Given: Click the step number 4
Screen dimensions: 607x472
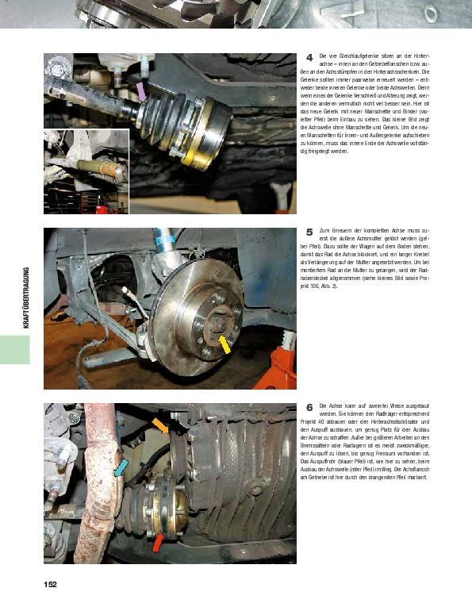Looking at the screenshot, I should point(309,56).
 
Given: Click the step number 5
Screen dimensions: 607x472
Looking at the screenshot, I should point(309,232).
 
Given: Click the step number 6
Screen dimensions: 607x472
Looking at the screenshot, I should point(309,407).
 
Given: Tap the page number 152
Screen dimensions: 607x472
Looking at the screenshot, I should point(50,585).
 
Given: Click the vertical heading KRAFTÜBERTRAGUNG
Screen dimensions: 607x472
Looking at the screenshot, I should point(25,298).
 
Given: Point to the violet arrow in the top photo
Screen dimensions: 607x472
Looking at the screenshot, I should point(140,91).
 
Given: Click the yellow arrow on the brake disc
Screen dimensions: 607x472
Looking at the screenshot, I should point(225,344).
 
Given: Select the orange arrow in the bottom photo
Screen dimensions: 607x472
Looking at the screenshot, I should point(160,426).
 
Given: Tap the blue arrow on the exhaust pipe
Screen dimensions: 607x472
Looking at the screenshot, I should point(121,467).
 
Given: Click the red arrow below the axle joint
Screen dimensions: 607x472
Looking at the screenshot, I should point(158,542).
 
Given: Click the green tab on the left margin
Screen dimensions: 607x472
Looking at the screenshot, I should point(14,349).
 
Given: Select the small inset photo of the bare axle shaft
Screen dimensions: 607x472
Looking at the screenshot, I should point(86,172).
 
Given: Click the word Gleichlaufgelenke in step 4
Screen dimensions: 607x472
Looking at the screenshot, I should point(359,57).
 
